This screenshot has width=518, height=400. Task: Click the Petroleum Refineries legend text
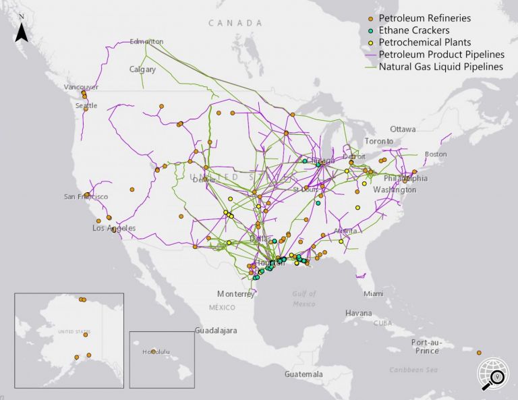[424, 18]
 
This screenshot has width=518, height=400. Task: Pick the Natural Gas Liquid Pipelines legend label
[440, 67]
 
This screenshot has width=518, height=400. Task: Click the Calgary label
[143, 69]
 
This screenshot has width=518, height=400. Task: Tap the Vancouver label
[81, 87]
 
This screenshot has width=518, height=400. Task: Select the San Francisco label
[86, 196]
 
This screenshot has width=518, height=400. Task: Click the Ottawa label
[403, 129]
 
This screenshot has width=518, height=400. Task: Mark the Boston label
[435, 154]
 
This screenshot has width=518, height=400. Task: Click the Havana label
[358, 313]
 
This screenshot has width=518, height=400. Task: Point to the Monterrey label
[236, 294]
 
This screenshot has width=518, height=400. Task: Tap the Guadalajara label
[215, 331]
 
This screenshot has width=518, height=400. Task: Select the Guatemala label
[304, 374]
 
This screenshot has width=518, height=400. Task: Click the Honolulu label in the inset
[158, 352]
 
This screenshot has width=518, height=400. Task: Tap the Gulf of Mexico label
[304, 299]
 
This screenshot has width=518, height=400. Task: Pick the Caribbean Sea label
[413, 370]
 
